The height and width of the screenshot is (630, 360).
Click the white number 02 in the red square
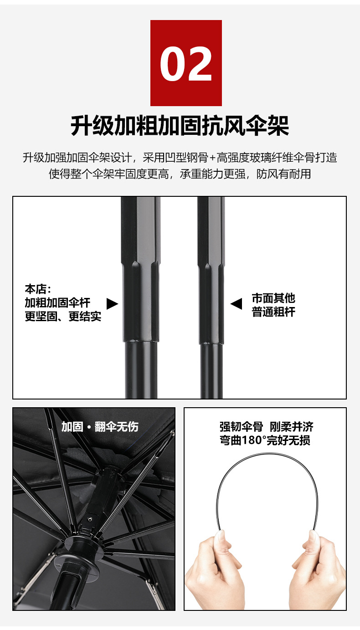coord(186,64)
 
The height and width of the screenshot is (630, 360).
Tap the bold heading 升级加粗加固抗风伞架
coord(180,125)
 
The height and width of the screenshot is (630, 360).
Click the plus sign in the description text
coord(212,158)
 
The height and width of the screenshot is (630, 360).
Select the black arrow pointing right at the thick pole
coord(112,304)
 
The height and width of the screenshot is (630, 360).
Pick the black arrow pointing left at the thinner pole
coord(236,304)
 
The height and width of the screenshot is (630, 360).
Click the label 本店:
coord(38,289)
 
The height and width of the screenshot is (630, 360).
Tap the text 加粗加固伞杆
coord(58,303)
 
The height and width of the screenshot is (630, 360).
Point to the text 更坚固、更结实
coord(63,317)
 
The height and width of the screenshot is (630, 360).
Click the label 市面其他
coord(273,298)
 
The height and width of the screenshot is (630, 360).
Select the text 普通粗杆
coord(273,312)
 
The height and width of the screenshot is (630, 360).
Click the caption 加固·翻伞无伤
coord(100,427)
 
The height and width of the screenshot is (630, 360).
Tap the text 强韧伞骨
coord(242,427)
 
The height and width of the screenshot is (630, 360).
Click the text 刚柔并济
coord(292,427)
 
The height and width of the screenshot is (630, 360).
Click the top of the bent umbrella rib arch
coord(267,453)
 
